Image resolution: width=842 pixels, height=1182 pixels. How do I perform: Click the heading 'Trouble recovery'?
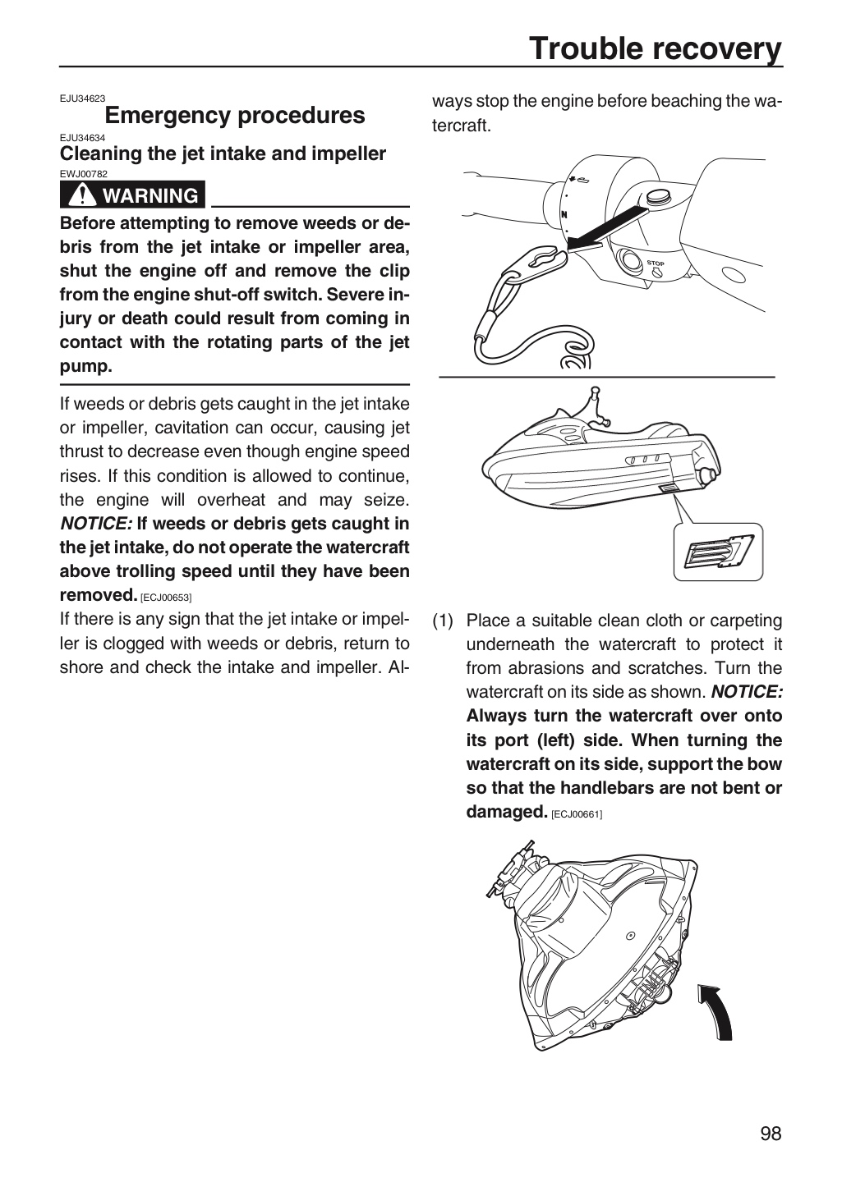click(x=656, y=49)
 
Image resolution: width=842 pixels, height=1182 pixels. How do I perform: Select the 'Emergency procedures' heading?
click(x=235, y=116)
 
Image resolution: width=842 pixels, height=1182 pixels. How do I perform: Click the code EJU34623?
click(x=82, y=98)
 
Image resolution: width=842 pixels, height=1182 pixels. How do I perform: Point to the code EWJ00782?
click(x=84, y=174)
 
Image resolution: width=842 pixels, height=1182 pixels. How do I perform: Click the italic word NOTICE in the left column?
click(x=95, y=524)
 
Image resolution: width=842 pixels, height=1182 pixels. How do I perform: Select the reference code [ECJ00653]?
click(x=166, y=598)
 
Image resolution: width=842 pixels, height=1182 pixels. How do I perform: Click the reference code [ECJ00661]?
click(x=577, y=814)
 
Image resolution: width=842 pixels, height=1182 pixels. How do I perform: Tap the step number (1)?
click(x=443, y=621)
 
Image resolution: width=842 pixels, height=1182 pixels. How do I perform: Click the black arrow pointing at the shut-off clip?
click(x=607, y=228)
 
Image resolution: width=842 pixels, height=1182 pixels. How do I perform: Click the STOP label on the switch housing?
click(x=656, y=263)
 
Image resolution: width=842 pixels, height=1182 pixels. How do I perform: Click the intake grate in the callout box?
click(x=719, y=552)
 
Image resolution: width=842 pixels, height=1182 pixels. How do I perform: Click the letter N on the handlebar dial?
click(x=564, y=215)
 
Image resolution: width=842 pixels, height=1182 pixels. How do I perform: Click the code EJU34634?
click(x=82, y=138)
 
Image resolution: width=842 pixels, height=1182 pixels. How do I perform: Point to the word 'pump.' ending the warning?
click(x=86, y=367)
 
